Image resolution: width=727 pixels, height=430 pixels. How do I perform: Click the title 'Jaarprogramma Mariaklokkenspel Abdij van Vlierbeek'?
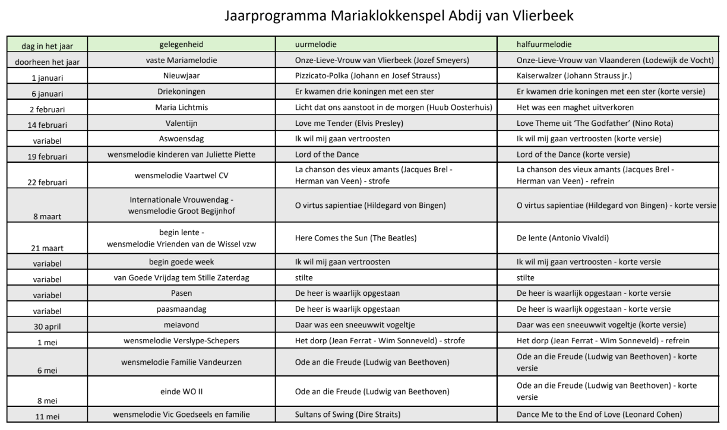pyautogui.click(x=400, y=16)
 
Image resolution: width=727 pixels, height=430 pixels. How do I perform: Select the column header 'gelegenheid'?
pyautogui.click(x=181, y=45)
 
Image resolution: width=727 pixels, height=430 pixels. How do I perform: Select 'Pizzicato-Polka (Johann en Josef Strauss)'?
pyautogui.click(x=368, y=76)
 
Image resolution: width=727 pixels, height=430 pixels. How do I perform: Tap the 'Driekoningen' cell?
pyautogui.click(x=181, y=91)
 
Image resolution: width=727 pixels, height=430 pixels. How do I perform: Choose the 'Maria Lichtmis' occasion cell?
pyautogui.click(x=181, y=107)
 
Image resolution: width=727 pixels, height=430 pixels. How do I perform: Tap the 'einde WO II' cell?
pyautogui.click(x=181, y=391)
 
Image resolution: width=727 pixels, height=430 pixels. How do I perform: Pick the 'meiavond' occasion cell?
pyautogui.click(x=181, y=324)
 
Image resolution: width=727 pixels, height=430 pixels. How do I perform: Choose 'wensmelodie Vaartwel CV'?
pyautogui.click(x=181, y=175)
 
